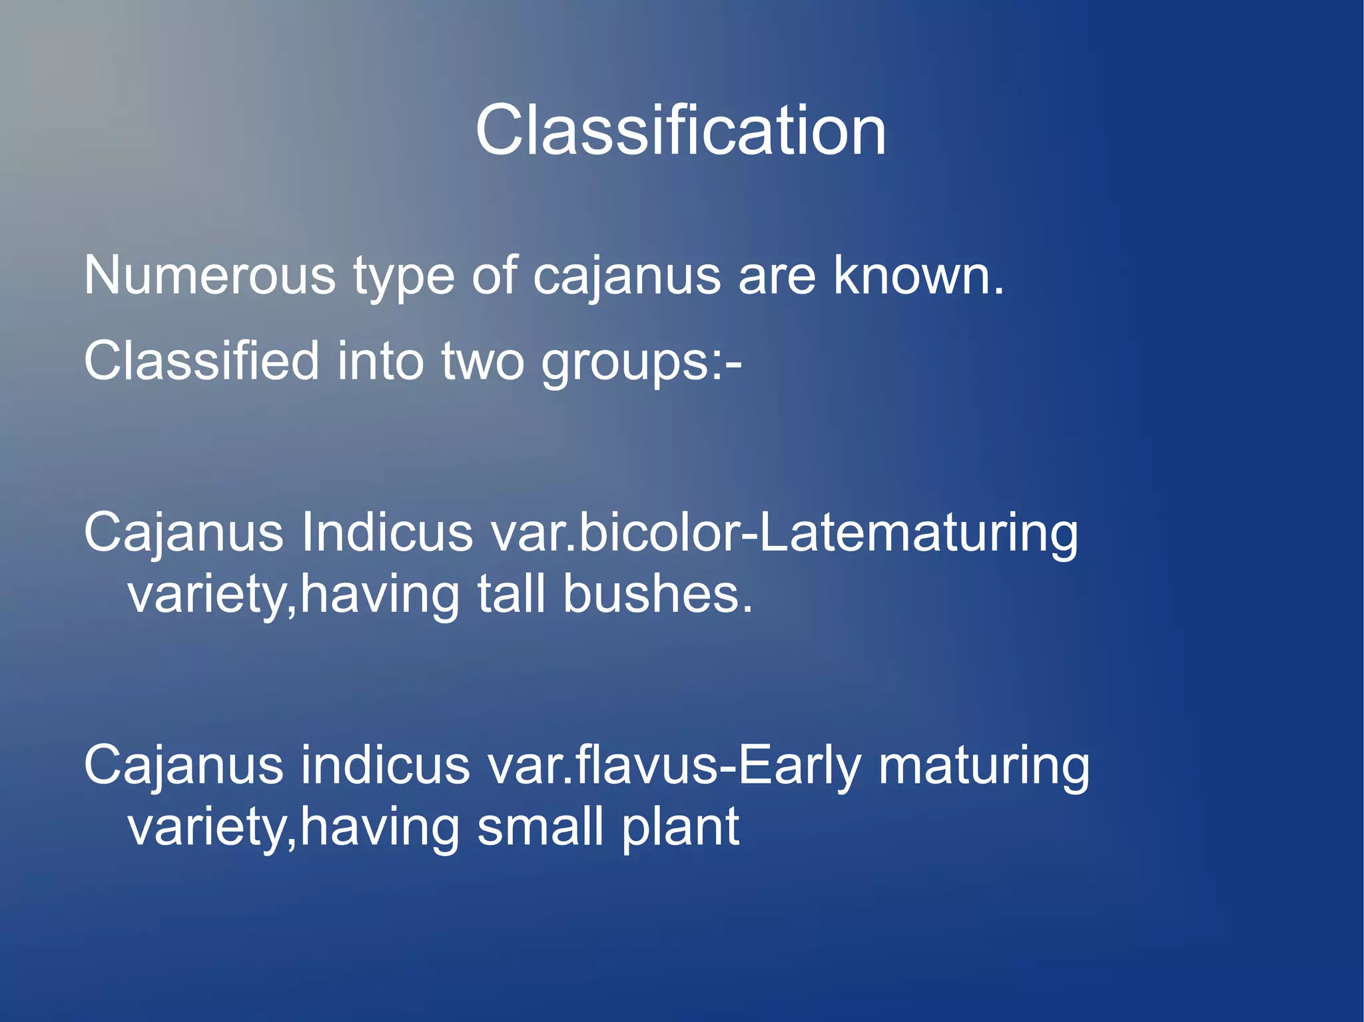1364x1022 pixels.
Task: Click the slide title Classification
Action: coord(681,130)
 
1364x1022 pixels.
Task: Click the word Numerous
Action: coord(210,276)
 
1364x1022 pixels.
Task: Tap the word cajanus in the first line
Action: coord(626,276)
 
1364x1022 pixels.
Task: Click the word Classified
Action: coord(202,361)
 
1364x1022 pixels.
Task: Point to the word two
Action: coord(483,361)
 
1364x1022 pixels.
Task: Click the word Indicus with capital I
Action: coord(386,533)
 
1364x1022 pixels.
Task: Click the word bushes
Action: coord(657,594)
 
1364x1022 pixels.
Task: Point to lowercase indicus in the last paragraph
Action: coord(385,766)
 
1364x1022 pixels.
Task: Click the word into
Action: coord(380,361)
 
